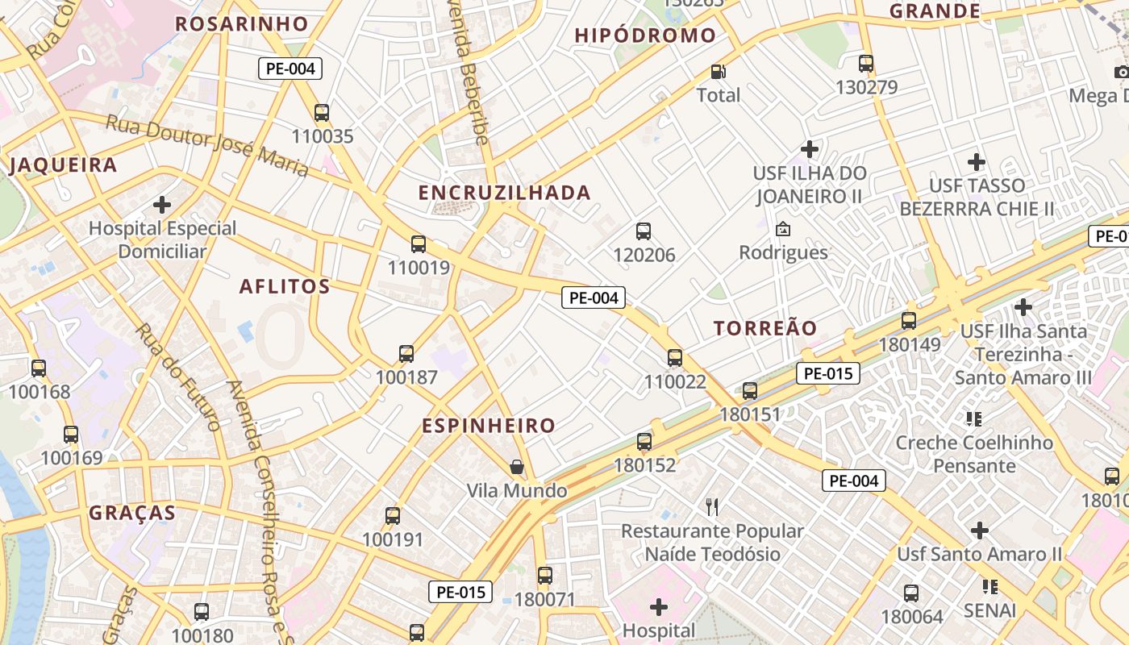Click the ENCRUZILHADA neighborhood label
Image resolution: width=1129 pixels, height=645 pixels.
504,193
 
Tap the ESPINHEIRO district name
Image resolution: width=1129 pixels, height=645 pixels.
489,426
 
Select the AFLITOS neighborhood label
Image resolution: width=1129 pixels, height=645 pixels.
285,286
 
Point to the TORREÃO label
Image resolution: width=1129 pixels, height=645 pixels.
765,328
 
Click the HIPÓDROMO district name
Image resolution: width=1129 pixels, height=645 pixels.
645,35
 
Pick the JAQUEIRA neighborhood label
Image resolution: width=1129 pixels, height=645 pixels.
63,165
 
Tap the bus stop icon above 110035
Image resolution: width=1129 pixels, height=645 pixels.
322,112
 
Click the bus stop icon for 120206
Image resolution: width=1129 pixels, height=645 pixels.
644,231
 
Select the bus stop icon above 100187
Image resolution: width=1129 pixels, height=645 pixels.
406,353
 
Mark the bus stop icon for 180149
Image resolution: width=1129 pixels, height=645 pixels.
909,321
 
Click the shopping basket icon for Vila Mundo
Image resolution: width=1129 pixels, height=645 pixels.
517,467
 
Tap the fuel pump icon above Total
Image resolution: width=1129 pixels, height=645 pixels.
718,72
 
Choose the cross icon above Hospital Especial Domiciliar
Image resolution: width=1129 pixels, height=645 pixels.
162,204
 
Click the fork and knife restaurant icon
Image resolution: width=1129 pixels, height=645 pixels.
712,507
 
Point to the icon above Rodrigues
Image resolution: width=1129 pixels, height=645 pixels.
782,229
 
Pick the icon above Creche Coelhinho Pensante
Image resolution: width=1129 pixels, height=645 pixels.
973,418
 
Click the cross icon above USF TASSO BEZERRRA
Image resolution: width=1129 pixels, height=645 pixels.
977,162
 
